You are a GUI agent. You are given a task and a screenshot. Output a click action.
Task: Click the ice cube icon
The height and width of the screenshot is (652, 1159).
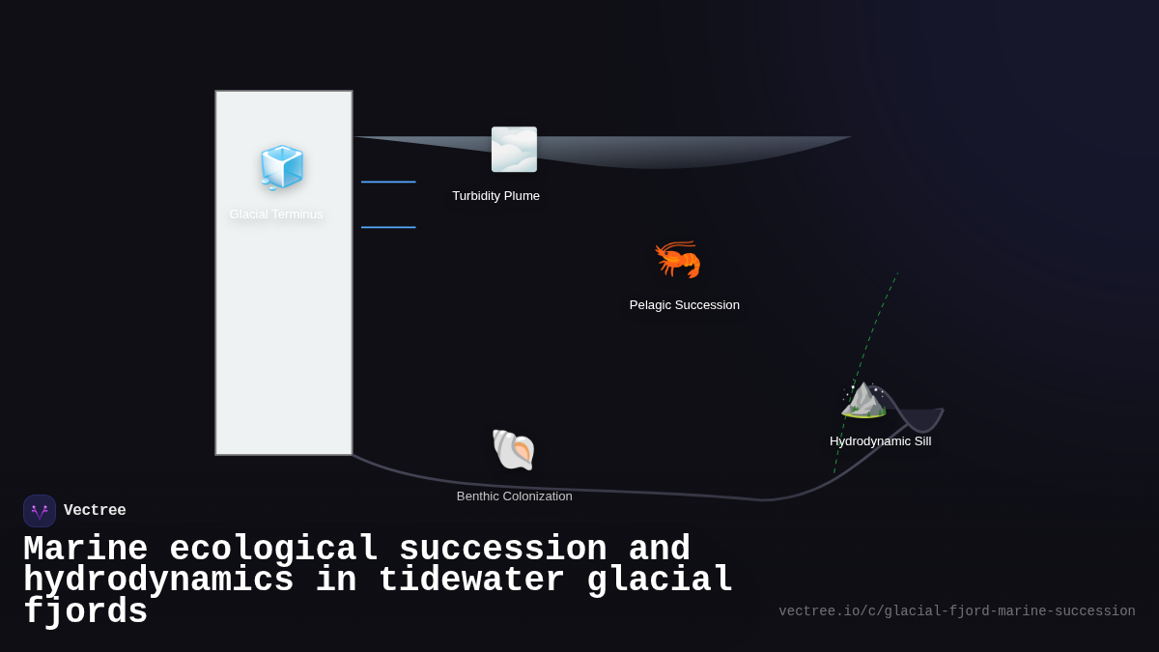(x=282, y=167)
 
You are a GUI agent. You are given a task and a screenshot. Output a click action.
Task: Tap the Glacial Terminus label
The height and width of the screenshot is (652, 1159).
(x=276, y=214)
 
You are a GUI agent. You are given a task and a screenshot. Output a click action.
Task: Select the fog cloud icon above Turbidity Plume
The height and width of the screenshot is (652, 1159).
(x=514, y=150)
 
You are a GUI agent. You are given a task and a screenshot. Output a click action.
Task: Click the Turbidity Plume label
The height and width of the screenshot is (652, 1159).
(x=495, y=196)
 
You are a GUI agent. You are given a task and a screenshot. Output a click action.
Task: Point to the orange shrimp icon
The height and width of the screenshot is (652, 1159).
(x=678, y=259)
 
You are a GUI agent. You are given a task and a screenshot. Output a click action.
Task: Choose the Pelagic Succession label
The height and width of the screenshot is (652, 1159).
(x=684, y=305)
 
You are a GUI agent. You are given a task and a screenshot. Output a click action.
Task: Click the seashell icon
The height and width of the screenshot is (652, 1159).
(x=514, y=450)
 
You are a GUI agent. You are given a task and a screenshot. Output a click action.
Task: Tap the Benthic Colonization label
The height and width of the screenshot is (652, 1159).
(x=514, y=496)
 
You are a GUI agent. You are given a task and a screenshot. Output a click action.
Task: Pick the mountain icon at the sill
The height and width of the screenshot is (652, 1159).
(x=864, y=398)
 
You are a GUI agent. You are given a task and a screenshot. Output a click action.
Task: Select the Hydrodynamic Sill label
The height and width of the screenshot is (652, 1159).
(x=880, y=441)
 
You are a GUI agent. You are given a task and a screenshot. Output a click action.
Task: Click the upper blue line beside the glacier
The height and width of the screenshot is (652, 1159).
(x=388, y=182)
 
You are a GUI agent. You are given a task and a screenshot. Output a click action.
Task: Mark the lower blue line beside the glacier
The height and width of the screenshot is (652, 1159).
(x=388, y=228)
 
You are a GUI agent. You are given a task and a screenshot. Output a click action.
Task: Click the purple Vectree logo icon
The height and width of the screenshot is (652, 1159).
(x=40, y=511)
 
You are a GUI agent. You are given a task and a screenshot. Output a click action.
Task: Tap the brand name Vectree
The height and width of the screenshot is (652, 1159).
(x=95, y=511)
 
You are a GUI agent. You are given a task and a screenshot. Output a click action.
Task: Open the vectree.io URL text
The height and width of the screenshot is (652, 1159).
(x=956, y=611)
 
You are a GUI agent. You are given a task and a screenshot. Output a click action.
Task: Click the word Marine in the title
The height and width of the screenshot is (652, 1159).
(x=85, y=549)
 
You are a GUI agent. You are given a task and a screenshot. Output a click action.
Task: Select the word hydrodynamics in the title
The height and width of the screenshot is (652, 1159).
(x=158, y=581)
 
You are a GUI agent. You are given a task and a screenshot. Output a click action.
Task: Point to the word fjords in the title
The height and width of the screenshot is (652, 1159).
(x=85, y=612)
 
